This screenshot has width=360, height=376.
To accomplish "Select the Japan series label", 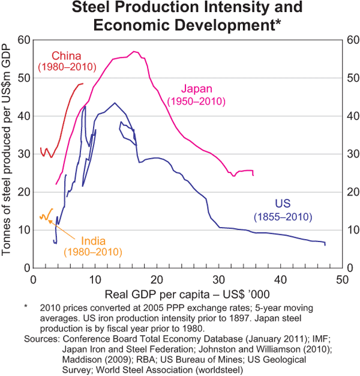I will point(196,89).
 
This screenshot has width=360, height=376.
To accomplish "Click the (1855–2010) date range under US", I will point(283,215).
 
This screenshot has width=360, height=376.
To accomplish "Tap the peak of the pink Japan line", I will point(134,52).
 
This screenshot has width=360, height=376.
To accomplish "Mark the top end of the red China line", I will point(83,83).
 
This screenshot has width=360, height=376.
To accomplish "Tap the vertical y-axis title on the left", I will point(8,153).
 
